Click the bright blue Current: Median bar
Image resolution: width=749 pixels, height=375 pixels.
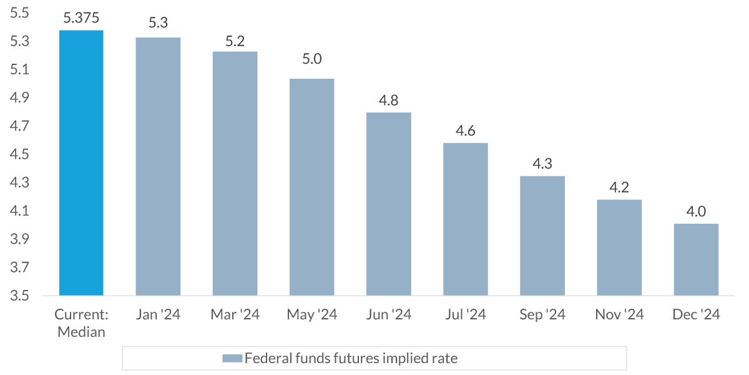click(x=81, y=162)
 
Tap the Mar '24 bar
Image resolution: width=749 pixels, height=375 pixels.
click(x=235, y=173)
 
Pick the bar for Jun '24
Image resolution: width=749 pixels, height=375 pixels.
click(x=388, y=204)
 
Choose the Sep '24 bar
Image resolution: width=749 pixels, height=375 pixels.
click(x=542, y=236)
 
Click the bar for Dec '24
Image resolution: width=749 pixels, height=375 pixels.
click(x=696, y=259)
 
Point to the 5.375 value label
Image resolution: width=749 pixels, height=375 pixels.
click(x=81, y=19)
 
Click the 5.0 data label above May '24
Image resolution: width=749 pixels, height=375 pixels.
click(x=312, y=59)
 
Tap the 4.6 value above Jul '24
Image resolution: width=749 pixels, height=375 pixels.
click(x=466, y=131)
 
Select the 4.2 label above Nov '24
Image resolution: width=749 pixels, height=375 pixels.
click(x=619, y=187)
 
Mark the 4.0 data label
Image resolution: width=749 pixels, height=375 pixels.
click(x=696, y=212)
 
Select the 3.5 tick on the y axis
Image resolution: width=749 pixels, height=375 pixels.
click(x=21, y=296)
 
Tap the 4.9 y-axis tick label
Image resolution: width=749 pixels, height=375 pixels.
click(x=21, y=98)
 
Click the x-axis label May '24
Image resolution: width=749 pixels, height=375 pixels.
click(x=312, y=314)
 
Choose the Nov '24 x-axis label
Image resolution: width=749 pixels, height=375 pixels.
click(x=619, y=314)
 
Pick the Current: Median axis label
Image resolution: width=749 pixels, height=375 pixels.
click(x=81, y=323)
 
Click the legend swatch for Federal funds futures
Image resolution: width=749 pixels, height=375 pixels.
click(x=232, y=359)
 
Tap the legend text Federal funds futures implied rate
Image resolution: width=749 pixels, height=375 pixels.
click(x=351, y=359)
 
